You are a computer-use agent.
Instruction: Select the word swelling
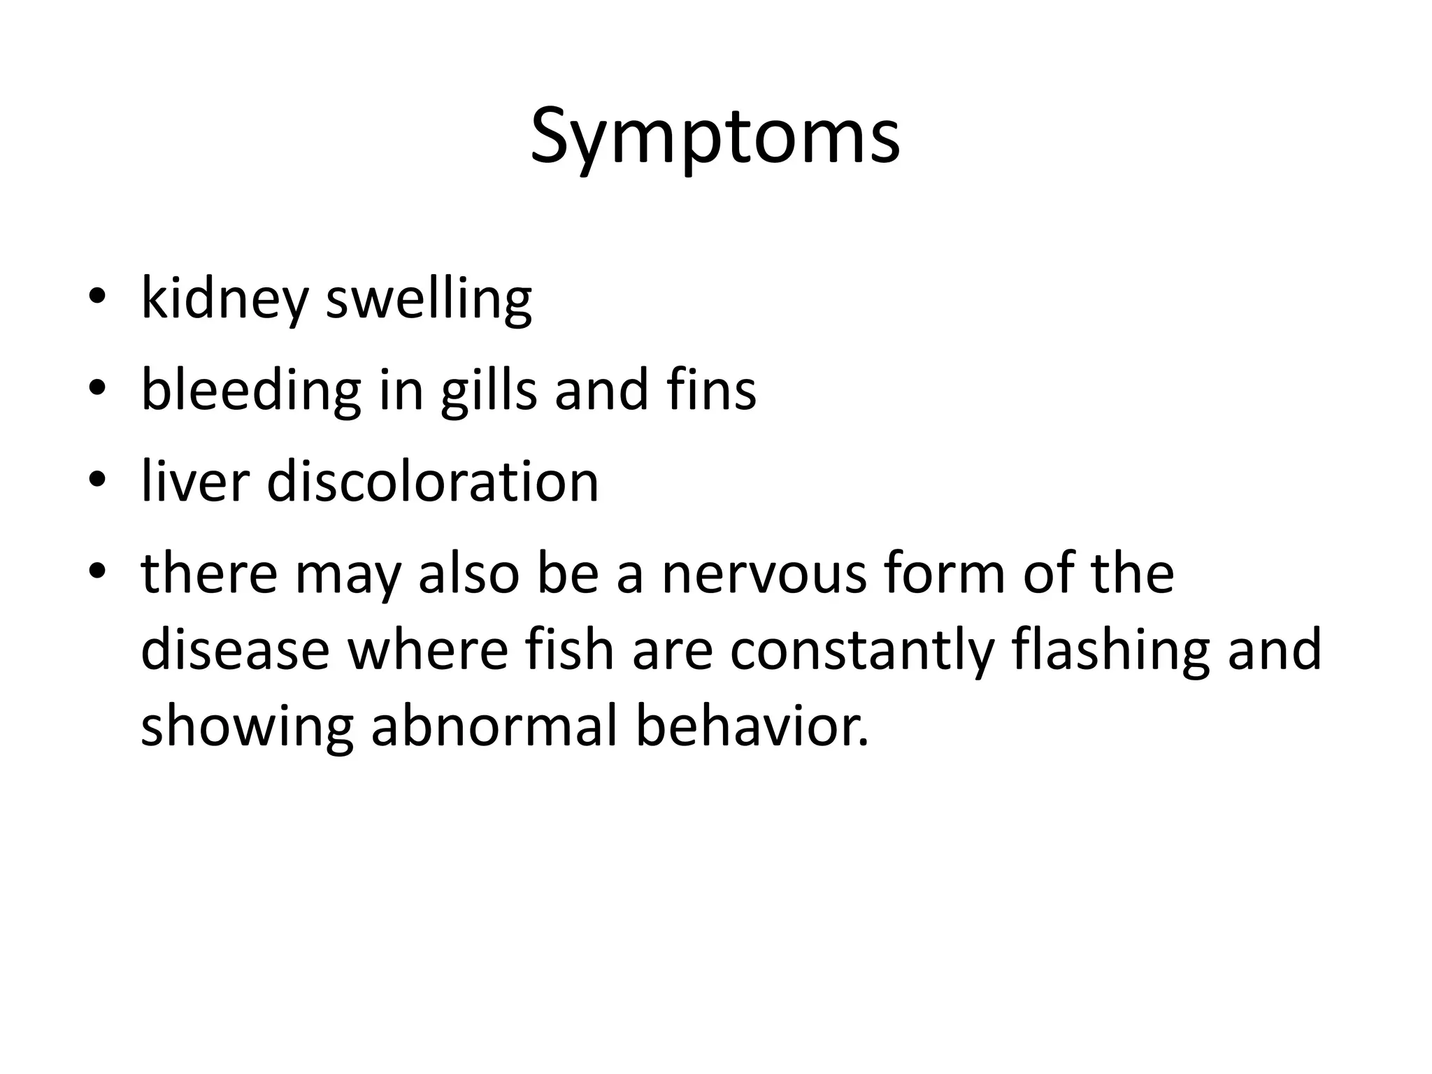429,300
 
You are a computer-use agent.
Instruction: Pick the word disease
235,650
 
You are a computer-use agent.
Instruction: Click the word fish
570,650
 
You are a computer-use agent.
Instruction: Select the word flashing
1111,650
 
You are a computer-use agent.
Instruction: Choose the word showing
247,727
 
